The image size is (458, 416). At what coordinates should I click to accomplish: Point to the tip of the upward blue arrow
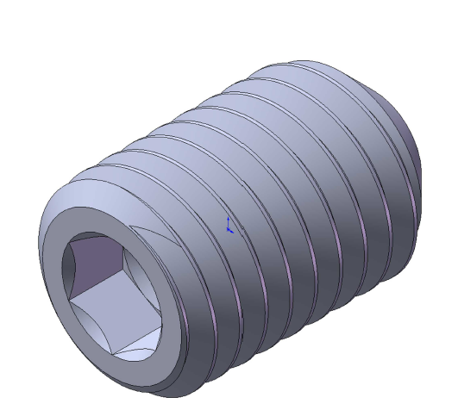[x=228, y=217]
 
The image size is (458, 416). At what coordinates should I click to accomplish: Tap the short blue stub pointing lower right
[x=233, y=232]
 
